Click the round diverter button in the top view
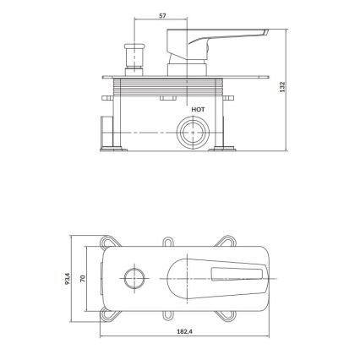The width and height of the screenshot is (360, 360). tap(133, 278)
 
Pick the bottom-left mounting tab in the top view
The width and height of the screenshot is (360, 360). tap(110, 315)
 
